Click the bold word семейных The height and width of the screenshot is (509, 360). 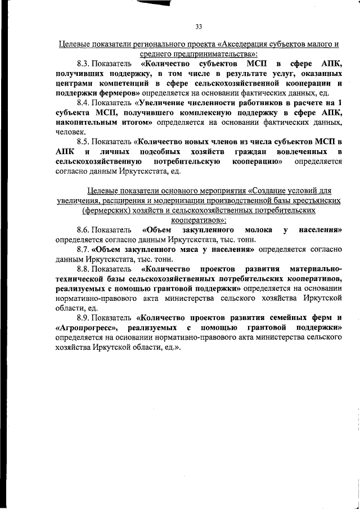tap(277, 318)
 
